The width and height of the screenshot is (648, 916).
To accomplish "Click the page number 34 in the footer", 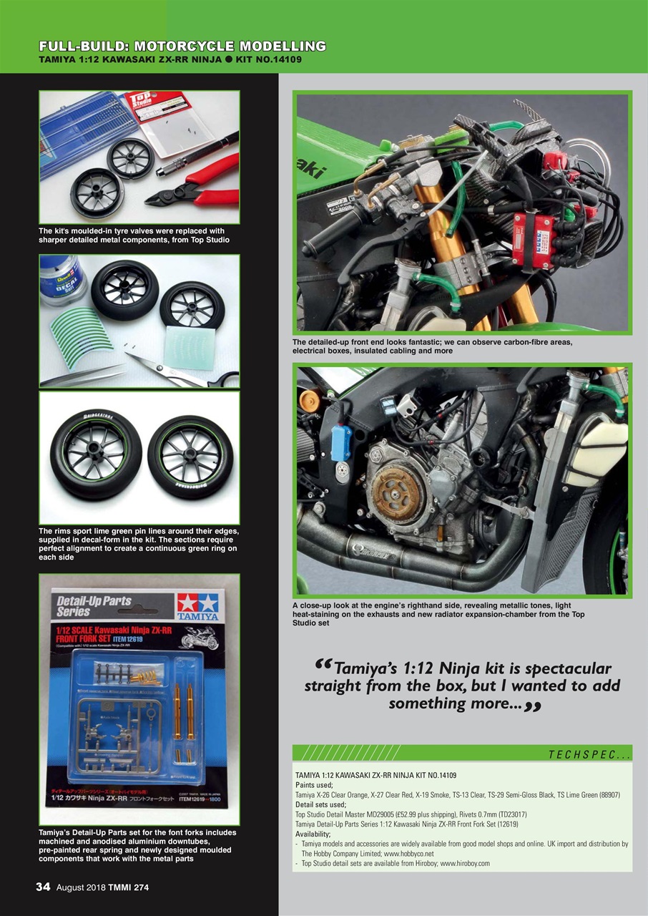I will point(43,887).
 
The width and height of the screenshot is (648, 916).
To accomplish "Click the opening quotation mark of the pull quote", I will point(323,666).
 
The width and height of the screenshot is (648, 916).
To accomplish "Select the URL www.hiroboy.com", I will point(464,864).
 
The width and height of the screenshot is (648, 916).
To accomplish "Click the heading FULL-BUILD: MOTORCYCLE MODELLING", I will point(182,47).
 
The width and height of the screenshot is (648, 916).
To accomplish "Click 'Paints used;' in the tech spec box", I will point(315,785).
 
